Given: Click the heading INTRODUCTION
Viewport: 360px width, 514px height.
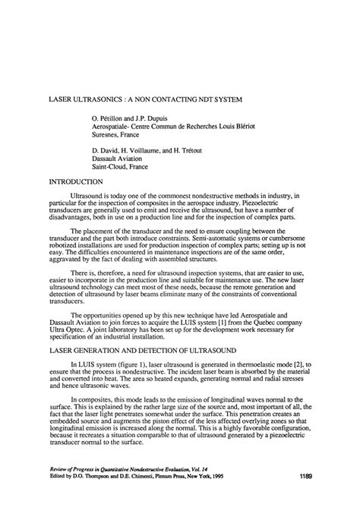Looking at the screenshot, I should [75, 182].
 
